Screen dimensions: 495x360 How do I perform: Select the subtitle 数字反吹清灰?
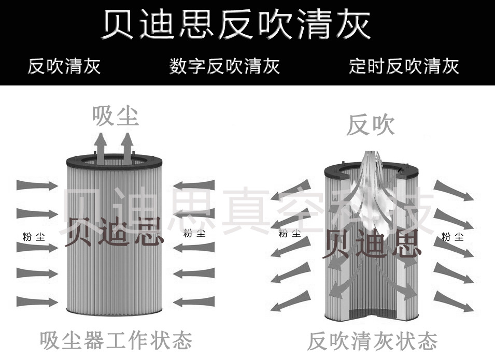point(224,66)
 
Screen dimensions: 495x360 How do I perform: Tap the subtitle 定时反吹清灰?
point(404,66)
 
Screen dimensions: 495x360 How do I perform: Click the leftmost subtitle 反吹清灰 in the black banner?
point(64,66)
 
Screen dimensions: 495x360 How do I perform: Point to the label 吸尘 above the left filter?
point(116,116)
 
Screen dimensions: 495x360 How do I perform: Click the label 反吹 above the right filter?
point(370,125)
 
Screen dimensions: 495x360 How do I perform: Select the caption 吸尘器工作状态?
point(116,340)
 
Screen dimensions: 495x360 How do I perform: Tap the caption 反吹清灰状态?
point(372,341)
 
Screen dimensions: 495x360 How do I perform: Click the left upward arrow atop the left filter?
point(102,147)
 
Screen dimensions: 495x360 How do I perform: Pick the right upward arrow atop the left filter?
point(127,147)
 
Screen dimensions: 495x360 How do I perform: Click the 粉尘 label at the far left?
point(34,237)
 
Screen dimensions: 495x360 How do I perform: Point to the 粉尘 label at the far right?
point(452,237)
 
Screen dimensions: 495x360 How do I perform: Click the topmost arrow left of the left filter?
point(37,185)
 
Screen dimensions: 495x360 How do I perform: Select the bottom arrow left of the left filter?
point(37,302)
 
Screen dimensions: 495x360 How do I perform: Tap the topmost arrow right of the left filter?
point(194,185)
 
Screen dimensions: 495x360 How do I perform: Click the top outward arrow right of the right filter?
point(454,191)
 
